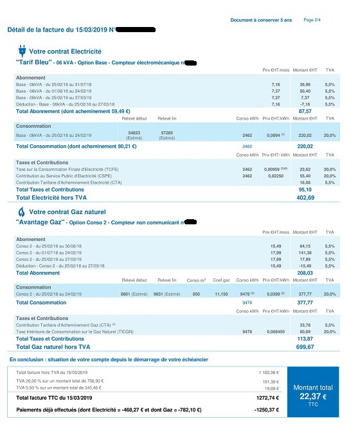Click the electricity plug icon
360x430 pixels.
pyautogui.click(x=21, y=51)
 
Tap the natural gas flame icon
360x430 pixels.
pyautogui.click(x=21, y=211)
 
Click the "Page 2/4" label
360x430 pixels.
pyautogui.click(x=312, y=20)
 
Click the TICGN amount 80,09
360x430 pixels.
pyautogui.click(x=305, y=332)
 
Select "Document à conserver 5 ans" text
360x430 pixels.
pyautogui.click(x=261, y=21)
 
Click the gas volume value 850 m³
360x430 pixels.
pyautogui.click(x=195, y=293)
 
